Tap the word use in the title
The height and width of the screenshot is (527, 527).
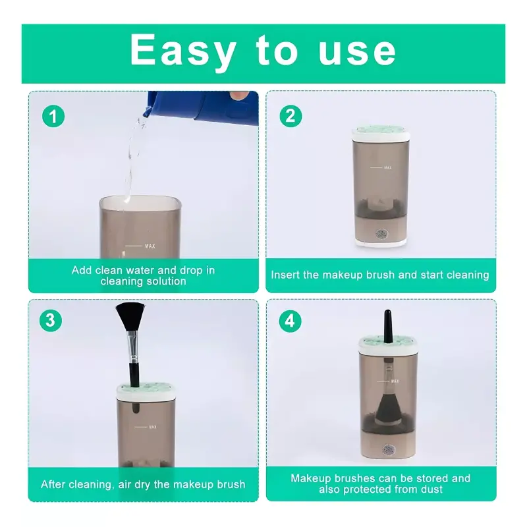click(x=357, y=51)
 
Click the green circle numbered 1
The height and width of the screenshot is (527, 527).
click(x=53, y=117)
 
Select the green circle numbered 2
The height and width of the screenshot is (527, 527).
click(x=291, y=116)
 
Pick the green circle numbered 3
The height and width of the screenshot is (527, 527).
click(x=51, y=320)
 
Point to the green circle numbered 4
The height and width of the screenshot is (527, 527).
click(x=290, y=321)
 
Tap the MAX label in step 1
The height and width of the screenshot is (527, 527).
click(x=150, y=246)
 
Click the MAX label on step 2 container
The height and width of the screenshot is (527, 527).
click(x=387, y=167)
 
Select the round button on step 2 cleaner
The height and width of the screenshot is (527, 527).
click(x=381, y=235)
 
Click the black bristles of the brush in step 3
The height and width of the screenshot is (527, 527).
click(x=130, y=317)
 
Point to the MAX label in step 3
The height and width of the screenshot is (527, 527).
click(x=153, y=427)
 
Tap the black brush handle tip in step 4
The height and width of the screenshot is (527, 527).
click(x=387, y=311)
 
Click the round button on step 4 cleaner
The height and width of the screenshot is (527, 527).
click(x=388, y=450)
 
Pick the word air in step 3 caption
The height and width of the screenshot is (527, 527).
click(x=125, y=485)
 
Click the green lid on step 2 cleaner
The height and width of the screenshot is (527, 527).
click(x=381, y=129)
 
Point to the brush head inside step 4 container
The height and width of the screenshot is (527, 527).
click(x=389, y=408)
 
